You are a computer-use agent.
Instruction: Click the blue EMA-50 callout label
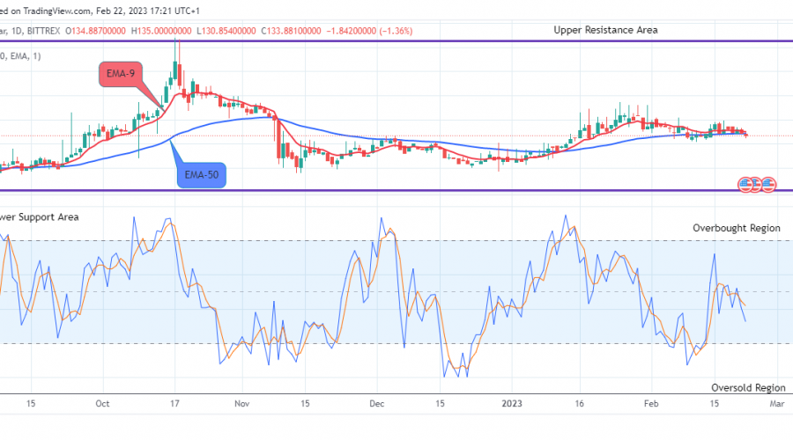click(x=202, y=176)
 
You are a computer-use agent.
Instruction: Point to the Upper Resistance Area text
click(x=605, y=30)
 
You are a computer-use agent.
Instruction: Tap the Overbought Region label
click(x=736, y=228)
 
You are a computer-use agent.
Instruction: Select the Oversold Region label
click(x=747, y=387)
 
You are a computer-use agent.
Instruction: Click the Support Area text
click(x=40, y=216)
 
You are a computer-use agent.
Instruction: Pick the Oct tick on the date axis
click(x=102, y=403)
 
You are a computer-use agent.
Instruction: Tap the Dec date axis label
click(x=377, y=403)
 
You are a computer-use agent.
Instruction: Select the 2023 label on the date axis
click(x=512, y=403)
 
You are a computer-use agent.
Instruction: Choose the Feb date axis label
click(x=650, y=403)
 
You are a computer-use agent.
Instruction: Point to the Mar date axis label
click(x=776, y=403)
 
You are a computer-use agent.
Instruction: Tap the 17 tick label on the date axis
click(x=174, y=403)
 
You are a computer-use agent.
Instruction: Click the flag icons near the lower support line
click(x=757, y=185)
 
